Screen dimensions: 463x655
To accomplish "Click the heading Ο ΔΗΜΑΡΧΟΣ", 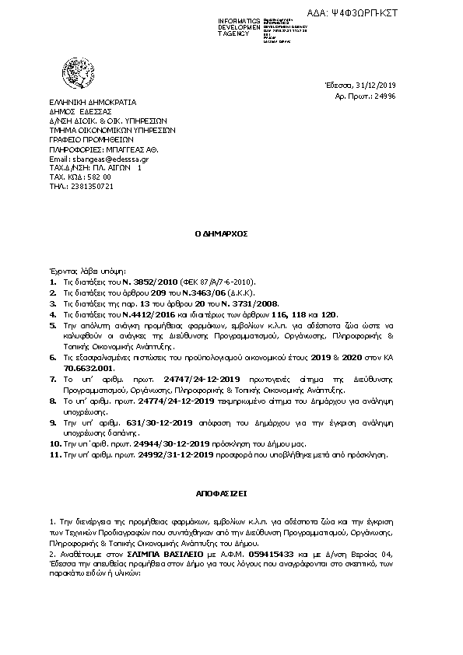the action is (230, 233).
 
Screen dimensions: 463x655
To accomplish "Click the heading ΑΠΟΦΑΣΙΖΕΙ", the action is (231, 494).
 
